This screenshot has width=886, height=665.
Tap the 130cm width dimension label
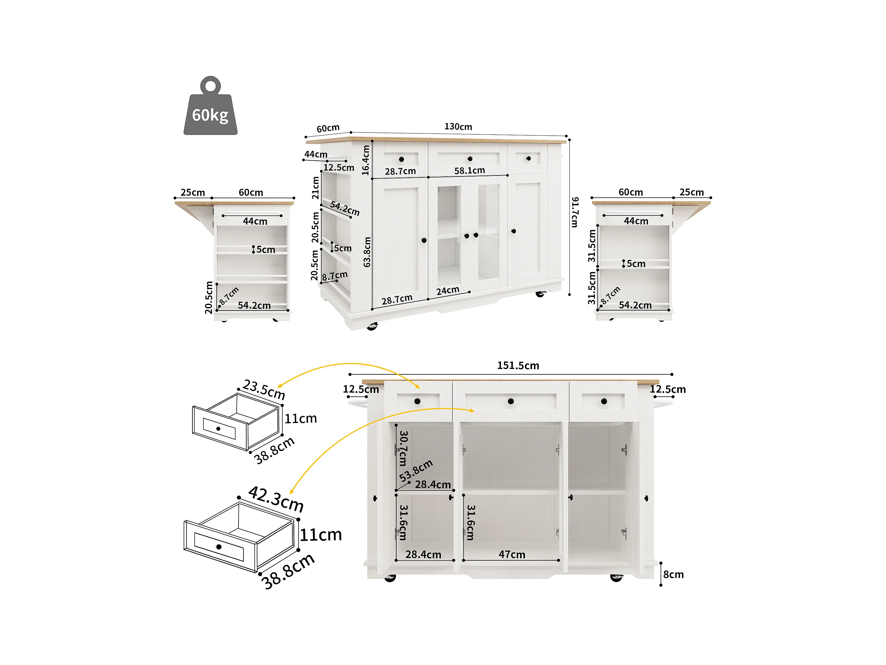coord(458,127)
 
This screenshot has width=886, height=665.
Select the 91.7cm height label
coord(575,212)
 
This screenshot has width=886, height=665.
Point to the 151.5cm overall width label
coord(518,366)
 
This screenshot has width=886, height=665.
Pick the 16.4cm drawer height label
coord(365,160)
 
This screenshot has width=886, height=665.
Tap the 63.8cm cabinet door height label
coord(367,252)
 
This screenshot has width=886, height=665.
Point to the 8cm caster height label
coord(673,574)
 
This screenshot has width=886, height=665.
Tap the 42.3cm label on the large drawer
coord(276,499)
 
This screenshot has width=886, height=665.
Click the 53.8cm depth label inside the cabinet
coord(416,470)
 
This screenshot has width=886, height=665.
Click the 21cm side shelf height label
coord(316,188)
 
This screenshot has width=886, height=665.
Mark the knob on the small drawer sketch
coord(218,428)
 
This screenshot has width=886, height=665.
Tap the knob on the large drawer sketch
coord(219,547)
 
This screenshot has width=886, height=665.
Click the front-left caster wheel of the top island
coord(372,326)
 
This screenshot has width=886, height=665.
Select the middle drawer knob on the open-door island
coord(511,401)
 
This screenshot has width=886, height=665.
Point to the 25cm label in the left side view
coord(193,192)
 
